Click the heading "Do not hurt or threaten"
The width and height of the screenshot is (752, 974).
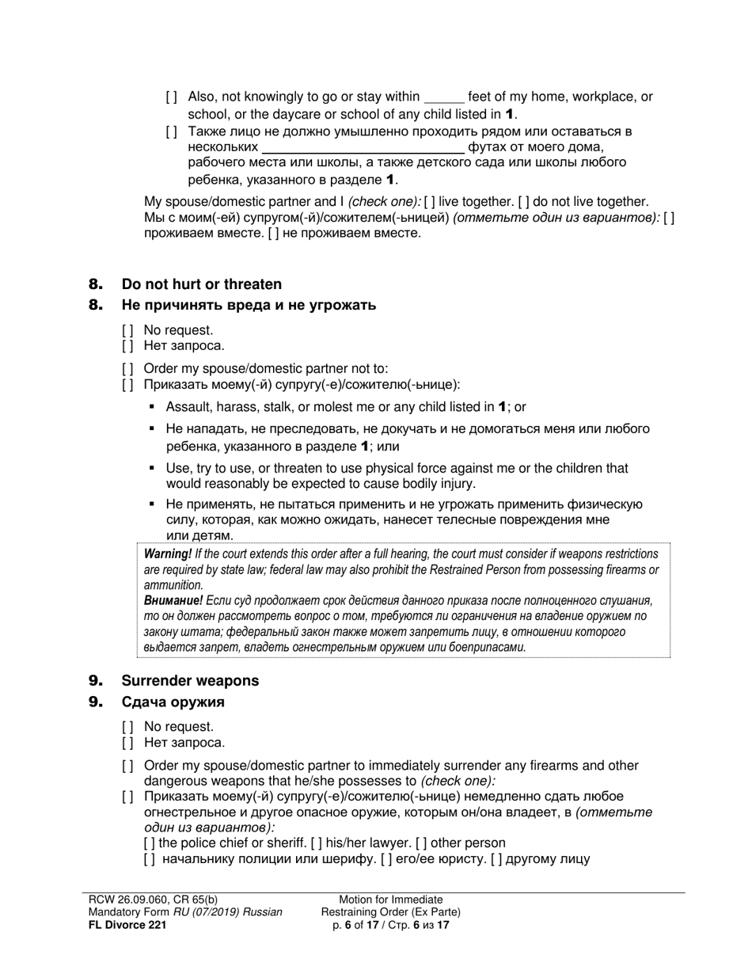click(x=201, y=284)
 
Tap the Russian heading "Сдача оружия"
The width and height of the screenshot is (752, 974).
click(x=173, y=702)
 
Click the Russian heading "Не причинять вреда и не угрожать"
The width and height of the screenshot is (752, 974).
click(x=249, y=305)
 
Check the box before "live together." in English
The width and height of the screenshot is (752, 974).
click(x=431, y=202)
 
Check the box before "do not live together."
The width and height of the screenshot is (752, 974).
click(x=524, y=202)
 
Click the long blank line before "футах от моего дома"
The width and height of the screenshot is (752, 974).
click(x=363, y=148)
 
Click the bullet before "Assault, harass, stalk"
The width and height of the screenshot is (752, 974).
click(x=153, y=407)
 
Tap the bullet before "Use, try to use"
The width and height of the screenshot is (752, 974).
click(x=153, y=469)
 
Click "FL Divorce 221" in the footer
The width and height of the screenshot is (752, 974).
click(x=127, y=924)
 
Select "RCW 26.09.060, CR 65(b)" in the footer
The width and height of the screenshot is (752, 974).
click(x=152, y=900)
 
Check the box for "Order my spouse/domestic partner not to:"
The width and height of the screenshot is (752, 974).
click(x=127, y=368)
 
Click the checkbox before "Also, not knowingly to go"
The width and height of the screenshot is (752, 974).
click(x=172, y=97)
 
